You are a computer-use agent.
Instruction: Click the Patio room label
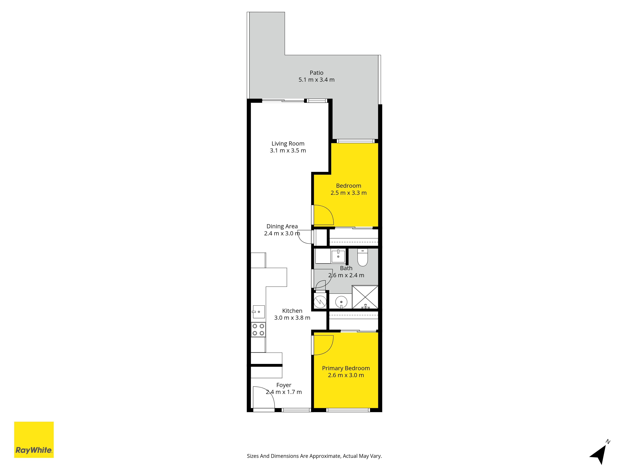(317, 73)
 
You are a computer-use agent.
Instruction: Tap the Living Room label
(288, 144)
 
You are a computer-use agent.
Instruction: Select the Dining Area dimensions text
(282, 233)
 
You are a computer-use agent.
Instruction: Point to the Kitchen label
(292, 311)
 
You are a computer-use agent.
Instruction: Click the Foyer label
(284, 385)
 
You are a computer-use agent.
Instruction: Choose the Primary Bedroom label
(346, 368)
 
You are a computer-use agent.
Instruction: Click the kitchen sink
(258, 312)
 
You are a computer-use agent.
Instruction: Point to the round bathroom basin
(341, 302)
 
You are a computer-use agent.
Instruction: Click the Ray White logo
(34, 440)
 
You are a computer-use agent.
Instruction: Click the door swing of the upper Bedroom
(323, 215)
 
